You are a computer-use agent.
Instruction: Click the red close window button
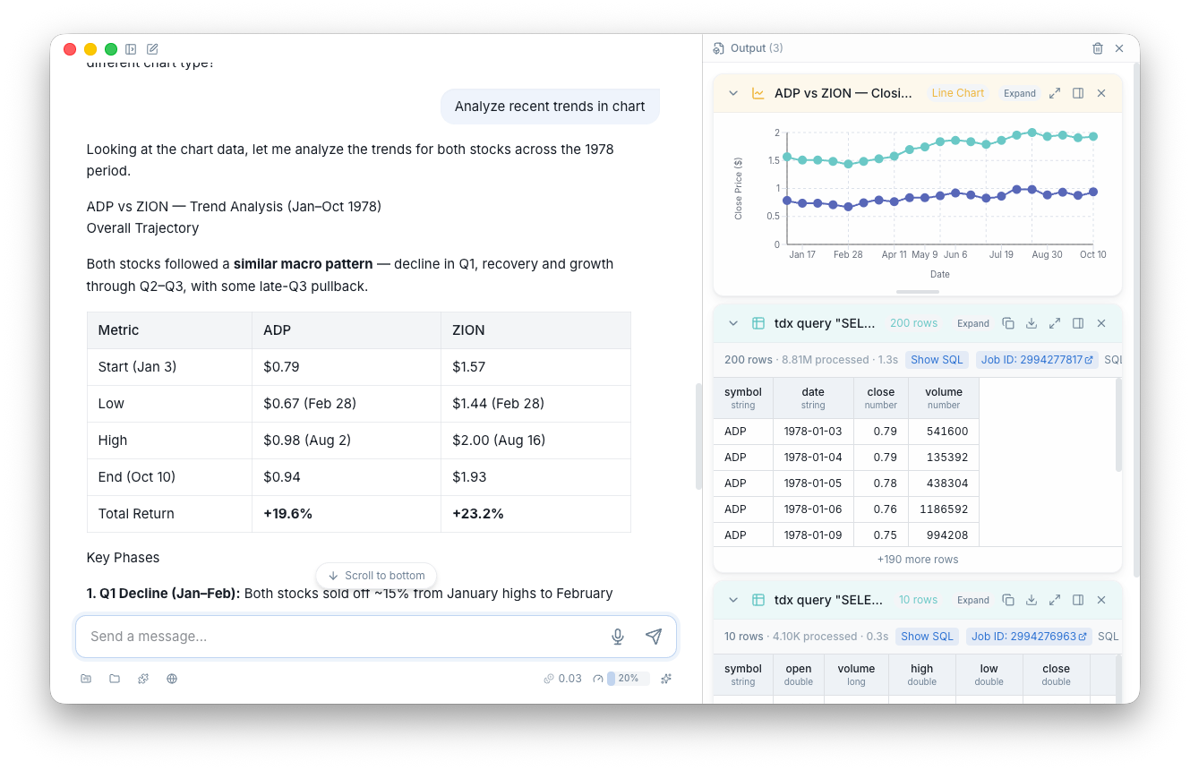tap(71, 49)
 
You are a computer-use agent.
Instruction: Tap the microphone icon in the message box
tap(618, 637)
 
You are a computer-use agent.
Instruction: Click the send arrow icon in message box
tap(654, 637)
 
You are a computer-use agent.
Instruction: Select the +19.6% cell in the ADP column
tap(288, 514)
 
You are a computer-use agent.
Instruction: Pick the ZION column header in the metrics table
tap(468, 330)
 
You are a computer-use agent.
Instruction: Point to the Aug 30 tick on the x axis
tap(1047, 255)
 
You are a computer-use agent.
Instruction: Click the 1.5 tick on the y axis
tap(774, 160)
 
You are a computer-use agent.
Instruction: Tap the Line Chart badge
tap(957, 93)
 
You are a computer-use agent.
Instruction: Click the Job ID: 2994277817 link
tap(1037, 360)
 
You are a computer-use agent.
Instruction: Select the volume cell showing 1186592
tap(944, 509)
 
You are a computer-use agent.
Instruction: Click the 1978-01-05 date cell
tap(813, 483)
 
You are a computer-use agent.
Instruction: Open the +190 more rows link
tap(918, 560)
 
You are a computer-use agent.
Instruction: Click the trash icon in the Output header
tap(1098, 48)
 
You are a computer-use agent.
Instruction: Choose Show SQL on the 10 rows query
tap(927, 637)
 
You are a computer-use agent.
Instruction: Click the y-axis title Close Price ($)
tap(739, 188)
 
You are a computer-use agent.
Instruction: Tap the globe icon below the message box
tap(172, 679)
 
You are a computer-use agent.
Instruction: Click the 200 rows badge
tap(913, 323)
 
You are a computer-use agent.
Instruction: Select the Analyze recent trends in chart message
tap(550, 107)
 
